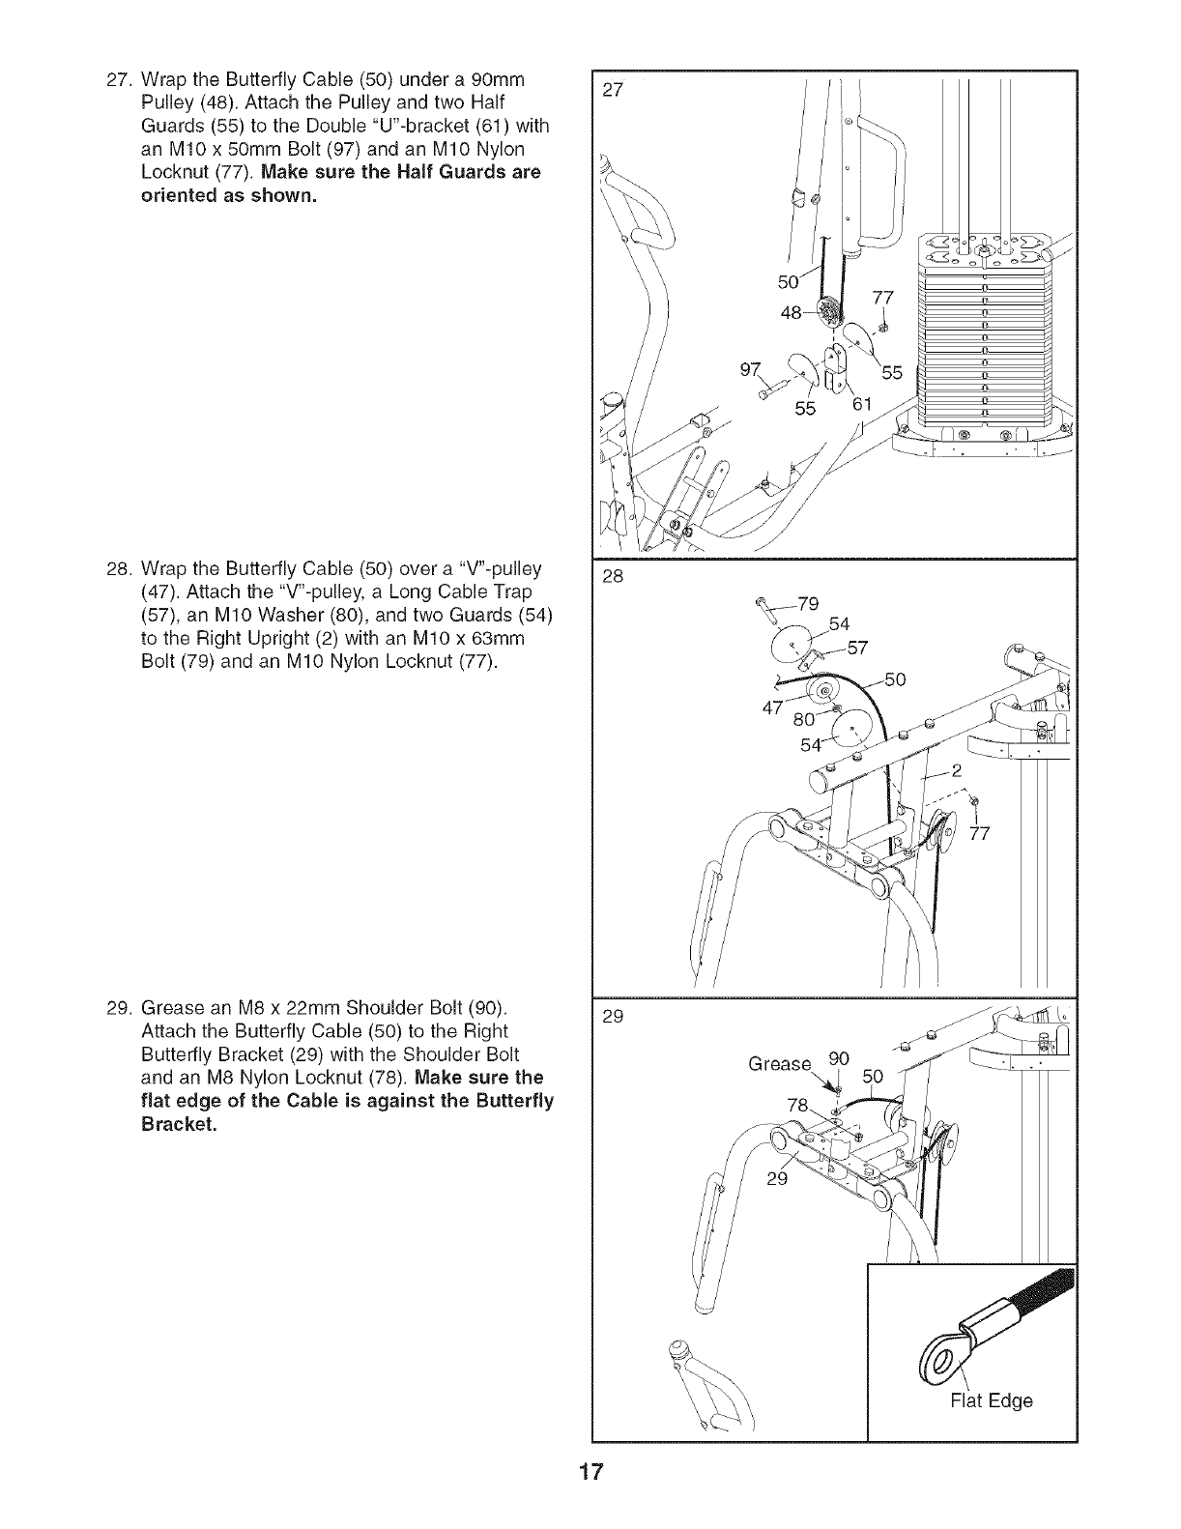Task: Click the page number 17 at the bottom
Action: [590, 1500]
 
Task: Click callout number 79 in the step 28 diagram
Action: [810, 605]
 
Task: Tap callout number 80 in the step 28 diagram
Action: [804, 719]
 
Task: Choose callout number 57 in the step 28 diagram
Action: [858, 647]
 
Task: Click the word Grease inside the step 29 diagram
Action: [780, 1064]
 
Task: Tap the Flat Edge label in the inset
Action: [992, 1399]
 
